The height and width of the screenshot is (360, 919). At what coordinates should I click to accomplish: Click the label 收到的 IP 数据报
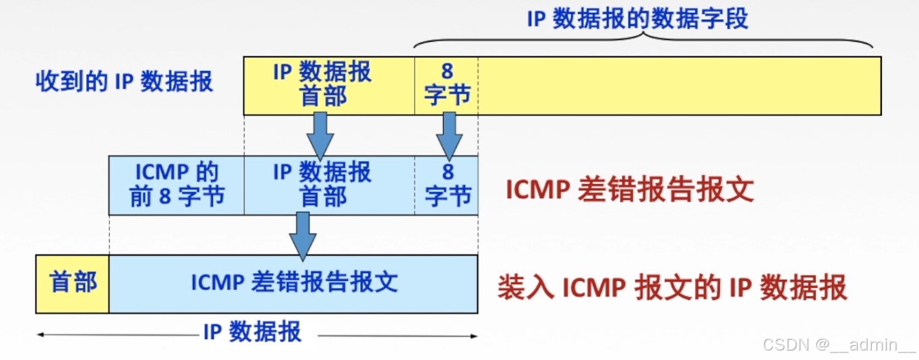pos(124,82)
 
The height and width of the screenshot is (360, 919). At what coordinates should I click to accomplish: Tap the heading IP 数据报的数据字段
pos(637,19)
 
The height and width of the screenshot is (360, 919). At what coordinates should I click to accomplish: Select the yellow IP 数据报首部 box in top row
pos(329,85)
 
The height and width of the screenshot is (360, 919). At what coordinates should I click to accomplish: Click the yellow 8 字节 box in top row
pos(446,85)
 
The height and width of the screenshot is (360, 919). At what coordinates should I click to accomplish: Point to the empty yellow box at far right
pos(679,86)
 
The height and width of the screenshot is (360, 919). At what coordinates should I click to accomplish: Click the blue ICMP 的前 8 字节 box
pos(176,185)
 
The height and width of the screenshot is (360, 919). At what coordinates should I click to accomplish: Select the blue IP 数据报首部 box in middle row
pos(329,185)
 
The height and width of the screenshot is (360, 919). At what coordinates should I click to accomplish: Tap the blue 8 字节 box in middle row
pos(446,185)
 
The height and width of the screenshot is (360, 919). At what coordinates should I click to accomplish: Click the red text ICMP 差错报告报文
pos(629,191)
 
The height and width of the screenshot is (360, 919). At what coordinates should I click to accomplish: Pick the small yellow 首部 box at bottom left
pos(72,283)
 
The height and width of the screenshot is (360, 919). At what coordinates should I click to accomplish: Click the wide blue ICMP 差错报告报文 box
pos(293,283)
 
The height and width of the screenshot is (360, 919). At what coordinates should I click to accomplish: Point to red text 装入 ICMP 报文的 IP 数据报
pos(672,289)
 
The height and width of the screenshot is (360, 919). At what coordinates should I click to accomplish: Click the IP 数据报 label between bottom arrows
pos(252,333)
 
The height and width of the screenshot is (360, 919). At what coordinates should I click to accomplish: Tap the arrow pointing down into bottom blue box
pos(303,235)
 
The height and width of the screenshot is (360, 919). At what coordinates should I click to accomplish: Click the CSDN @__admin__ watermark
pos(839,345)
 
